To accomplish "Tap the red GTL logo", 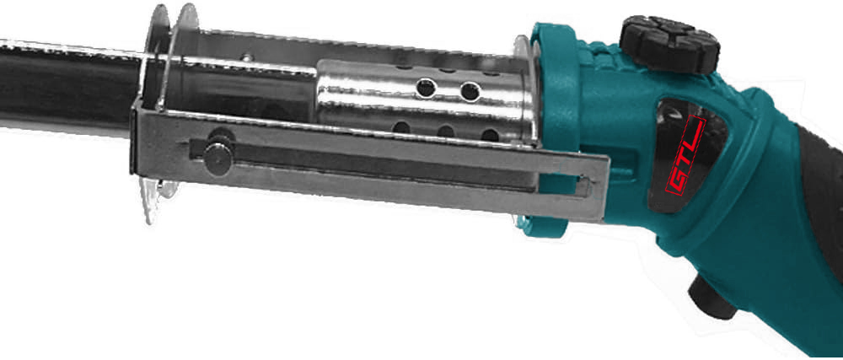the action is pos(685,154).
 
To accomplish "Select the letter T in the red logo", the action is pos(685,153).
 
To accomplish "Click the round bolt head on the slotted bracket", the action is pos(217,158).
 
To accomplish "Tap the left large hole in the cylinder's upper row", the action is pos(426,88).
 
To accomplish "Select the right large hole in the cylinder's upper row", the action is pos(470,91).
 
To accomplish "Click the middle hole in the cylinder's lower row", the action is pos(446,132).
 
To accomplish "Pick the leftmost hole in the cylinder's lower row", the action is pos(401,127).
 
